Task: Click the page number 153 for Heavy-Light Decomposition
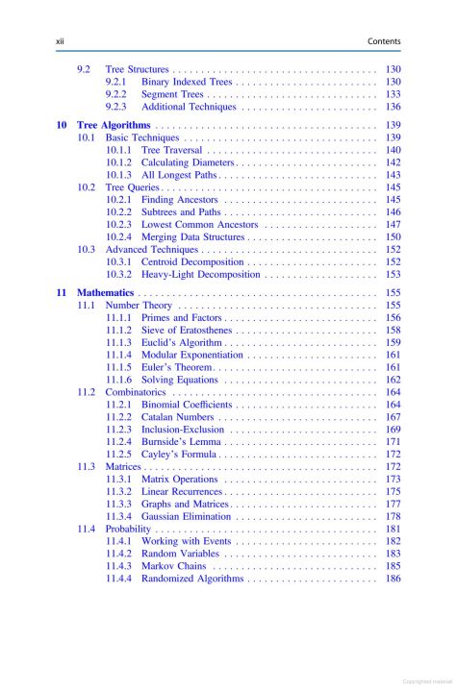(x=393, y=274)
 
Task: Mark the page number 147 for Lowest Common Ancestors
(x=393, y=224)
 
